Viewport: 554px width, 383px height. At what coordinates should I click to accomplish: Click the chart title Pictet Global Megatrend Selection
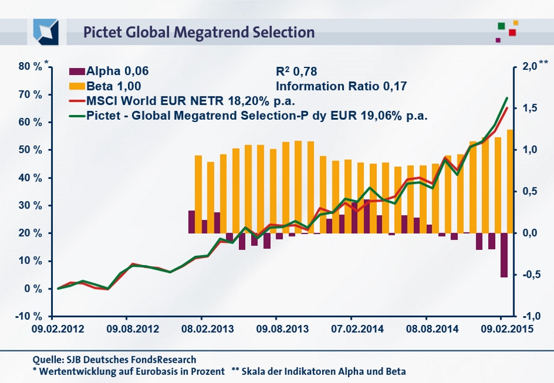tap(199, 32)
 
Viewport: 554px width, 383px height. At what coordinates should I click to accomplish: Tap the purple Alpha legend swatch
tap(77, 71)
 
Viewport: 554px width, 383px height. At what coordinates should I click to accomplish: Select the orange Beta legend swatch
tap(77, 86)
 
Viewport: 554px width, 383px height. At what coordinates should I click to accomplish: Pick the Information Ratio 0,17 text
tap(341, 86)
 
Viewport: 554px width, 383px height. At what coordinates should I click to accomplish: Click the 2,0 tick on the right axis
tap(529, 67)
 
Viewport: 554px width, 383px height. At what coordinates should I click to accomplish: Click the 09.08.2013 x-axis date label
tap(276, 329)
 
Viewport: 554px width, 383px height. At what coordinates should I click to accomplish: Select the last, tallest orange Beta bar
tap(510, 181)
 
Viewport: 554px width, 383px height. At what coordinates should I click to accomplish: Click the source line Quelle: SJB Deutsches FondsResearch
tap(115, 359)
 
